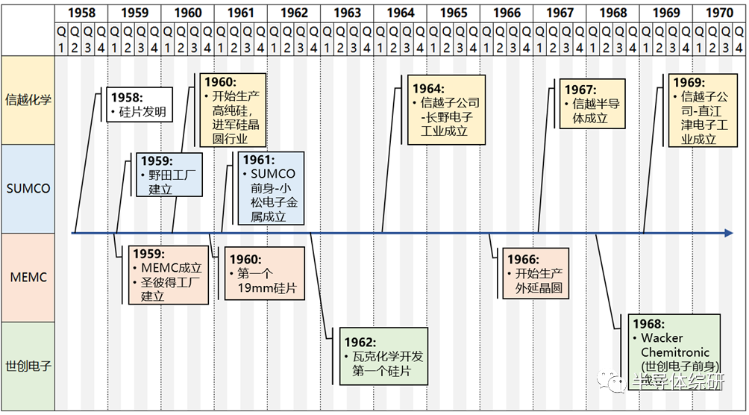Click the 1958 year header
pyautogui.click(x=81, y=13)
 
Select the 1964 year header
pyautogui.click(x=401, y=13)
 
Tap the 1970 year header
pyautogui.click(x=719, y=13)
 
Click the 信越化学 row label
pyautogui.click(x=28, y=99)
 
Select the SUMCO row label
pyautogui.click(x=28, y=188)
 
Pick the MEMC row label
pyautogui.click(x=28, y=277)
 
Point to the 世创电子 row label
pyautogui.click(x=28, y=366)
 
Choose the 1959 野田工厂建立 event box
pyautogui.click(x=169, y=175)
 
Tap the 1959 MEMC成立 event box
pyautogui.click(x=169, y=275)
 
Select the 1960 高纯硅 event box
pyautogui.click(x=232, y=110)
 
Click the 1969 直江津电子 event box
pyautogui.click(x=699, y=110)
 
